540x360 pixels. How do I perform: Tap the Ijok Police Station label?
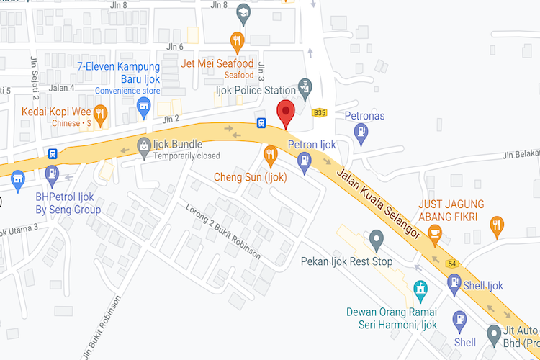tap(256, 90)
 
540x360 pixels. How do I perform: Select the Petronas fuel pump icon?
tap(361, 131)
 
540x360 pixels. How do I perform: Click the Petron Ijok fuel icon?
tap(305, 160)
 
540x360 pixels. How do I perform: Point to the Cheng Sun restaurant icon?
tap(271, 153)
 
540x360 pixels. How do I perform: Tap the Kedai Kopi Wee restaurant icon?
tap(101, 112)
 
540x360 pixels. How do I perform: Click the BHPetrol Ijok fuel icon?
tap(52, 173)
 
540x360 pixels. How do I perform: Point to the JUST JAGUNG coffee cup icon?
tap(435, 232)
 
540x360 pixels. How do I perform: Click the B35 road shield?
tap(320, 113)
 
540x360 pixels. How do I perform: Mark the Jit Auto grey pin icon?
tap(494, 333)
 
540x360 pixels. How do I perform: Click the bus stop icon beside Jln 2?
tap(261, 123)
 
